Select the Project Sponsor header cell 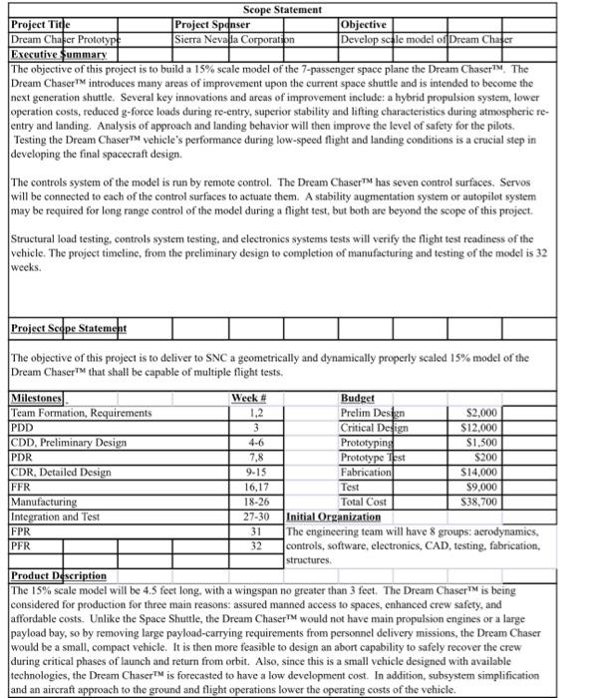pyautogui.click(x=212, y=24)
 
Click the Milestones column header pyautogui.click(x=36, y=398)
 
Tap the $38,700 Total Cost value pyautogui.click(x=482, y=502)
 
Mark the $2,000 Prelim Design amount pyautogui.click(x=485, y=412)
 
